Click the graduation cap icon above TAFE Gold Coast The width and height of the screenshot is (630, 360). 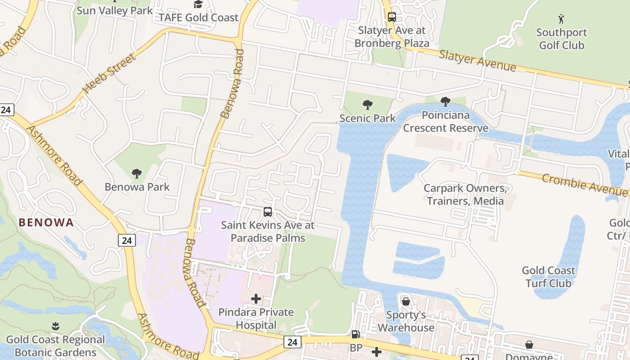tap(198, 4)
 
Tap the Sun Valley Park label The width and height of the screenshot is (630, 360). tap(114, 10)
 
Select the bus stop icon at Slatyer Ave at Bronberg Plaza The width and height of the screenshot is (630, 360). tap(391, 17)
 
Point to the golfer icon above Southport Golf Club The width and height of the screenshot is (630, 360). tap(561, 19)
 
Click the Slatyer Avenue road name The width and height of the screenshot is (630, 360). tap(477, 61)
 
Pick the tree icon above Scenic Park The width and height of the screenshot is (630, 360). tap(368, 105)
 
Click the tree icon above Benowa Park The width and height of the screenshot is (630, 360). tap(137, 174)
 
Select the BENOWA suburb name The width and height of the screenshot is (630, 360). tap(46, 222)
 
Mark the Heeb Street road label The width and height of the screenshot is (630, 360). tap(109, 74)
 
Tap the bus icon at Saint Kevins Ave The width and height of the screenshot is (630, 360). tap(268, 211)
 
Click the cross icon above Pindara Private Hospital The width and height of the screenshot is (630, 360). tap(256, 298)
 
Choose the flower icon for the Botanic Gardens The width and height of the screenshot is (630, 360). tap(55, 326)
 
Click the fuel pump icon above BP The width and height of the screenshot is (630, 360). tap(355, 334)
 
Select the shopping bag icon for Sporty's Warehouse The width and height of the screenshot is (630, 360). tap(406, 301)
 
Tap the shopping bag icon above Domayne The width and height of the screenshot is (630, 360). tap(529, 345)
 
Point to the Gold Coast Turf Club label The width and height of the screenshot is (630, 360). tap(548, 277)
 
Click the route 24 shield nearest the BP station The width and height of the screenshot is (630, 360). tap(292, 342)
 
